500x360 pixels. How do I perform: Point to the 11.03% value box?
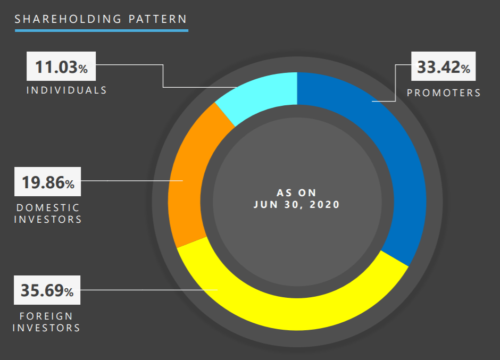click(x=61, y=68)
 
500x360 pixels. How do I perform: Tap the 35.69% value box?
click(x=47, y=291)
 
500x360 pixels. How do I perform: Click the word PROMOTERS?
click(x=444, y=93)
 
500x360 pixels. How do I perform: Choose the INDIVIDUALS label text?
click(x=66, y=90)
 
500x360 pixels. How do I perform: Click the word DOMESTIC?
click(x=48, y=207)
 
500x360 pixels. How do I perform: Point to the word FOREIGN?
click(x=46, y=316)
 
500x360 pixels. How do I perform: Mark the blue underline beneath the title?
click(x=101, y=30)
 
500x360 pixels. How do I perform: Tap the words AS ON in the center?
click(x=296, y=192)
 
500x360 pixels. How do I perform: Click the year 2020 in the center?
click(x=324, y=204)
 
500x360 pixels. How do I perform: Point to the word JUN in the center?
click(x=265, y=204)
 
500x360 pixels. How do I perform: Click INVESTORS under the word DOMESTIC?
click(x=48, y=219)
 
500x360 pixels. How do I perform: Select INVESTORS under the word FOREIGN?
click(x=46, y=328)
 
